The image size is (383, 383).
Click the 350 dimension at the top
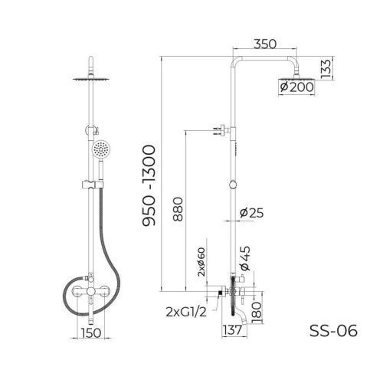point(267,46)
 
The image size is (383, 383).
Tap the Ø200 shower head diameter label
point(294,88)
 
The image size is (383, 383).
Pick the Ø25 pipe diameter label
point(251,213)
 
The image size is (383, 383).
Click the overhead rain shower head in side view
point(294,76)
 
